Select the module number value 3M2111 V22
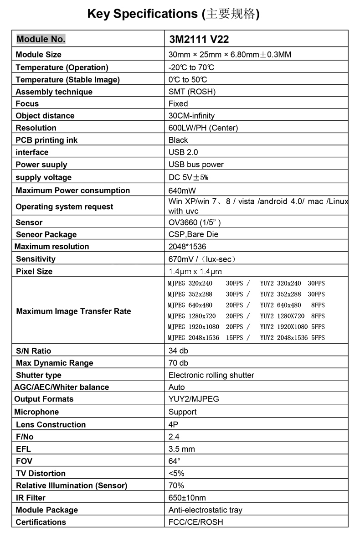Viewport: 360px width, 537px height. [199, 39]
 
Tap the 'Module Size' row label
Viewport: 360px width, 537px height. [38, 55]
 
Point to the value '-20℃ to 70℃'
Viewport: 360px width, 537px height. [191, 67]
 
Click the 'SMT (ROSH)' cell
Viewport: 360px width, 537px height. [192, 92]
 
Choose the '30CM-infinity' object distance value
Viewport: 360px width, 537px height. [191, 116]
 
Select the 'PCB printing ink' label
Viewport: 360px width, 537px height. [46, 140]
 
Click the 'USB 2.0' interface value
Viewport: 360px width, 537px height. [183, 152]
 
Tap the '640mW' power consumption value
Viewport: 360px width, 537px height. [182, 191]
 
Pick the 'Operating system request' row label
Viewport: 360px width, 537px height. [64, 207]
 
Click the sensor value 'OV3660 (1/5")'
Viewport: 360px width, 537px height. [195, 222]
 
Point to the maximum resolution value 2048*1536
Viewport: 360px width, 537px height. [187, 247]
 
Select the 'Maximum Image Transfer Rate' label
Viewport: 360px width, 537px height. [73, 311]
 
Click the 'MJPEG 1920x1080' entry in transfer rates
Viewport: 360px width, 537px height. [193, 327]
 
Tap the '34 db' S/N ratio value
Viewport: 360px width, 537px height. [178, 351]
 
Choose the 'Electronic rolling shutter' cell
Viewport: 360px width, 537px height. [211, 375]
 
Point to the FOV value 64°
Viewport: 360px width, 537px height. [175, 461]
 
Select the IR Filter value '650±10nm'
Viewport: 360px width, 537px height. [187, 498]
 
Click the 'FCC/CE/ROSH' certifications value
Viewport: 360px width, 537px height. [196, 522]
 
